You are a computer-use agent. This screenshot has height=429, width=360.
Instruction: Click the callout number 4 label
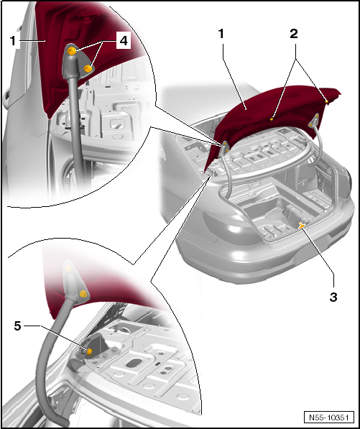[124, 41]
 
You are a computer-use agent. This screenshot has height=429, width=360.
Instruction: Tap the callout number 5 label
[18, 326]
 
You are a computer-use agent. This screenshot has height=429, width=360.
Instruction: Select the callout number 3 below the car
[333, 297]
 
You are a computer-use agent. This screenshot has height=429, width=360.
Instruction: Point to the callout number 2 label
[293, 34]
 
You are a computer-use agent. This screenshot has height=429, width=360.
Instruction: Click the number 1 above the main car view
[221, 34]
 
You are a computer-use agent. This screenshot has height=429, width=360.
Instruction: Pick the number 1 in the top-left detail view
[13, 41]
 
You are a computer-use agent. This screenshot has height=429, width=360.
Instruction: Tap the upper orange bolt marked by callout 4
[72, 51]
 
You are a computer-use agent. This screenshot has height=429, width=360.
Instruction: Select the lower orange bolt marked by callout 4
[88, 69]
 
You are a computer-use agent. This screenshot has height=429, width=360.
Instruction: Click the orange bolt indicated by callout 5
[89, 352]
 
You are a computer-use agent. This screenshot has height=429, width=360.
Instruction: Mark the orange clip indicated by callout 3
[302, 226]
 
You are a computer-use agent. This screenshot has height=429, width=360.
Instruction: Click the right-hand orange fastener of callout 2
[327, 101]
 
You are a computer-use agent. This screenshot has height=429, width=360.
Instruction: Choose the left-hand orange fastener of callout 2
[272, 119]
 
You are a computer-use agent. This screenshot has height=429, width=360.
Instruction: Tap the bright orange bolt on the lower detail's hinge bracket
[83, 294]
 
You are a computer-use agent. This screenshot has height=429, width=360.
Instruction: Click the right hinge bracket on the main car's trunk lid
[313, 121]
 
